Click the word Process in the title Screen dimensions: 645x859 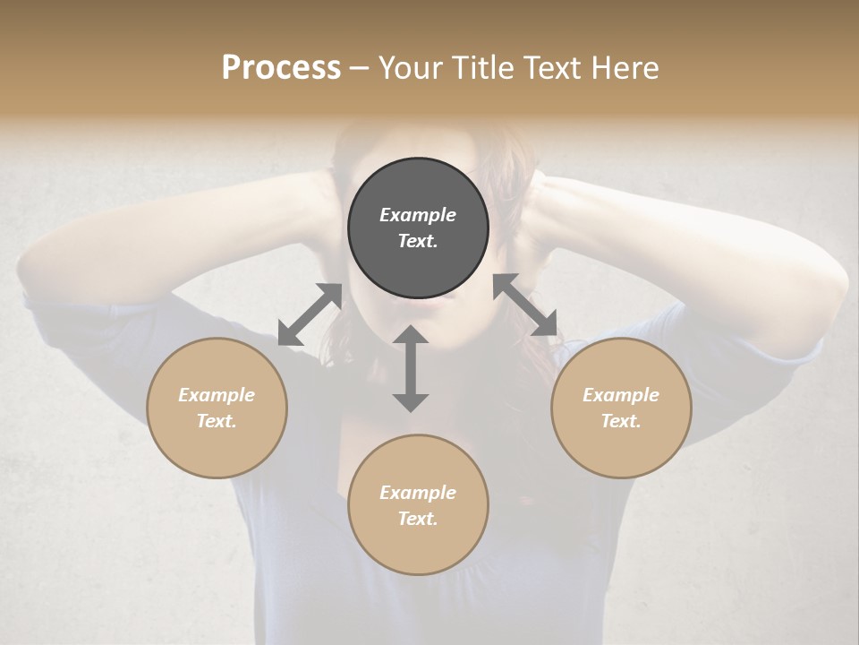pyautogui.click(x=281, y=68)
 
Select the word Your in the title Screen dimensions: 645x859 pyautogui.click(x=409, y=68)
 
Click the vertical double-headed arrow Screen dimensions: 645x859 pyautogui.click(x=411, y=368)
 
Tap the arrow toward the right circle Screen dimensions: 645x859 pyautogui.click(x=525, y=305)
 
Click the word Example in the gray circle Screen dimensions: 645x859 pyautogui.click(x=418, y=215)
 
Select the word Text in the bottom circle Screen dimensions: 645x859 pyautogui.click(x=418, y=519)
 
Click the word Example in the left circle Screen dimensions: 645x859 pyautogui.click(x=217, y=395)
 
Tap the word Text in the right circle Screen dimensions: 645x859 pyautogui.click(x=621, y=421)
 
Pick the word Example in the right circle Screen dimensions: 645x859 pyautogui.click(x=621, y=395)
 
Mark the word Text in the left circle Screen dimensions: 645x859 pyautogui.click(x=217, y=421)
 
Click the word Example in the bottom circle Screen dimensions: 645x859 pyautogui.click(x=418, y=493)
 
